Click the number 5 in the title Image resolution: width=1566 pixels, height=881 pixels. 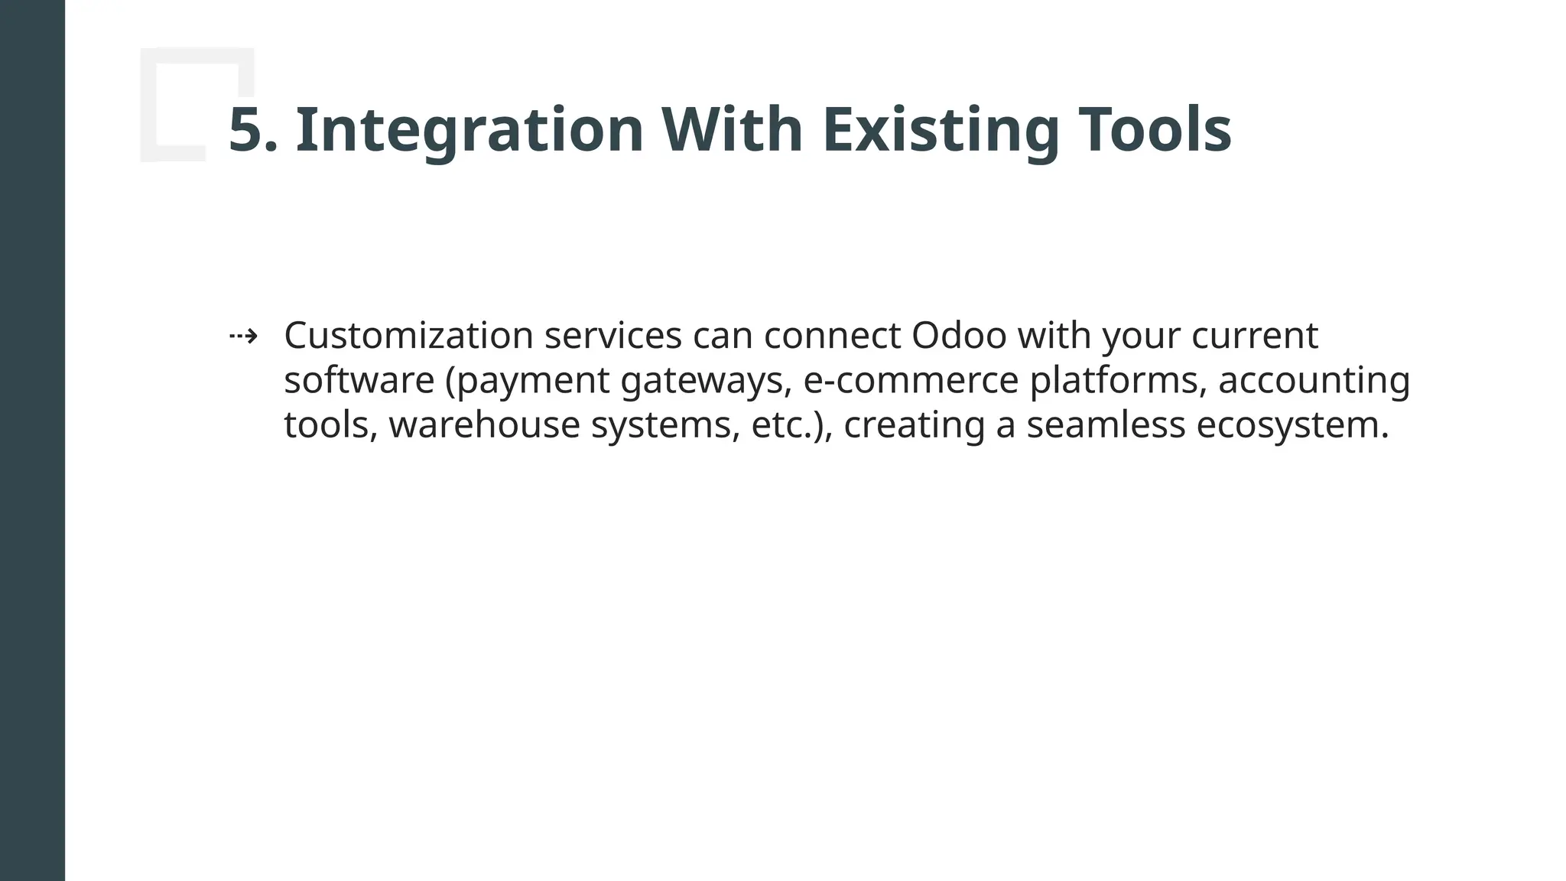(246, 130)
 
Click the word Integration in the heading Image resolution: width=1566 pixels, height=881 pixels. (469, 130)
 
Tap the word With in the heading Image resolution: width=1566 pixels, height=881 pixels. (732, 130)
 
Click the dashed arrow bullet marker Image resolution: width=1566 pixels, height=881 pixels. (243, 336)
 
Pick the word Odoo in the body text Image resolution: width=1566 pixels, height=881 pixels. (959, 336)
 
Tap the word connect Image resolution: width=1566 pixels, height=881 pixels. (832, 336)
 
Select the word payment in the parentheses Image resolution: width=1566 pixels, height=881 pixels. (533, 381)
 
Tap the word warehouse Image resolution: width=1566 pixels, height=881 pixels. (484, 425)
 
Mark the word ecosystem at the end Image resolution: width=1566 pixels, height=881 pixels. (1291, 425)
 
